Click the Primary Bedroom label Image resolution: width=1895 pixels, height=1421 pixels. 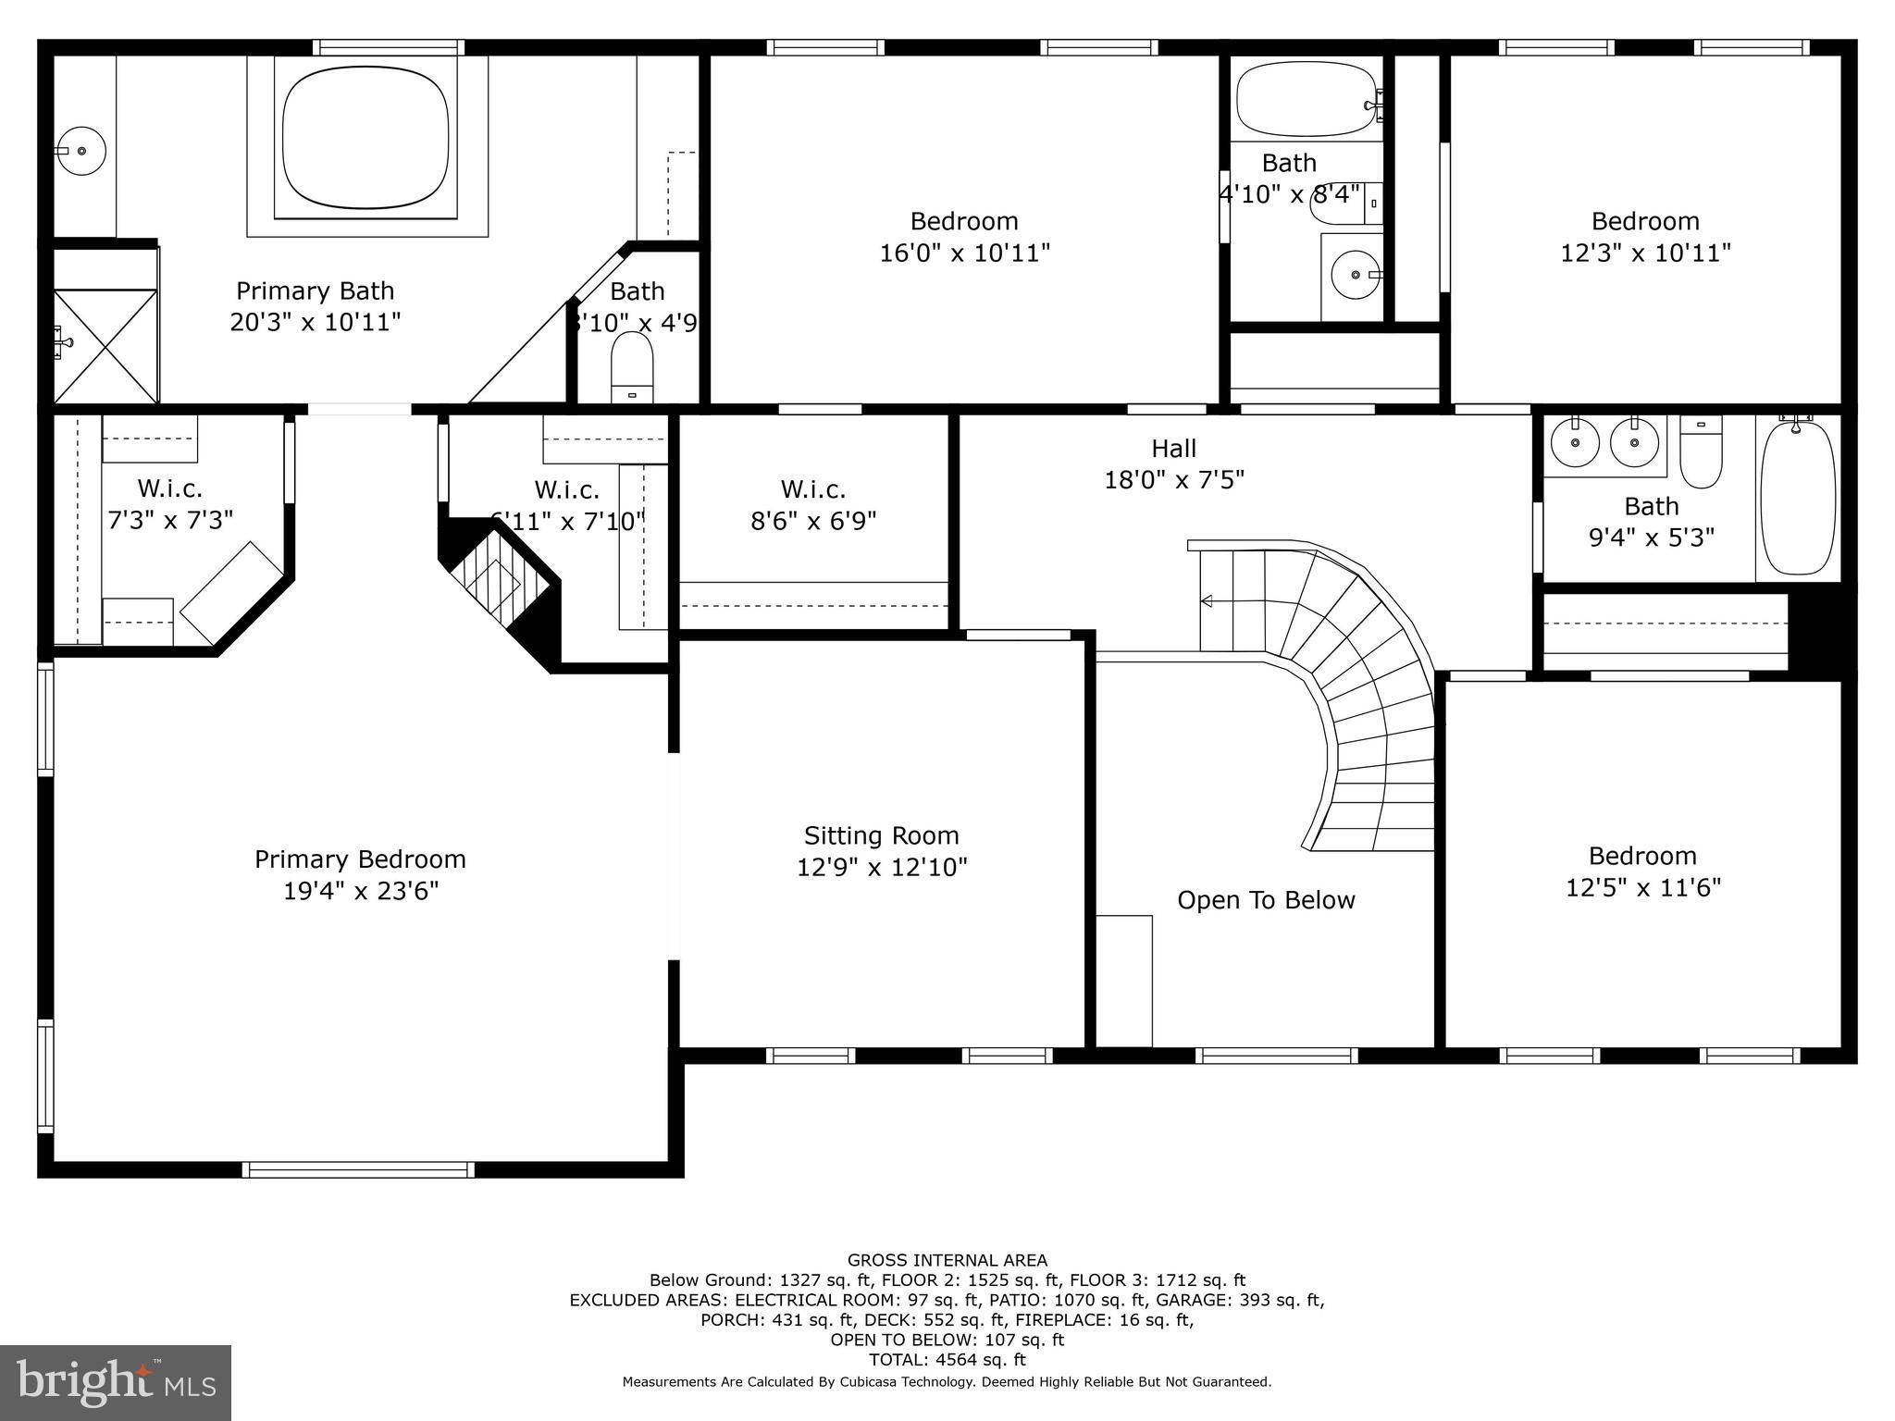(x=360, y=859)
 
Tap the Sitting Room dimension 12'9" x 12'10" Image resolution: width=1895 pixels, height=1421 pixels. (x=882, y=868)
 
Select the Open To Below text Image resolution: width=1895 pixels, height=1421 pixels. (x=1265, y=900)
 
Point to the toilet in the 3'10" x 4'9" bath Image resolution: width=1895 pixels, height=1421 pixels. (x=633, y=366)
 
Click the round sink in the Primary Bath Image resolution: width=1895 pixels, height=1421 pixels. (x=81, y=150)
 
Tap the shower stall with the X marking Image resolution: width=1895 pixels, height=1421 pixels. (x=105, y=346)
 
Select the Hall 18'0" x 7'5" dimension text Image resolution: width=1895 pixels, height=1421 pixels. (x=1173, y=480)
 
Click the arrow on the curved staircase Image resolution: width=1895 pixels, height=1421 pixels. (x=1207, y=601)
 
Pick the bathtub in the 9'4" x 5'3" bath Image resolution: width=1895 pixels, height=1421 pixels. (x=1797, y=498)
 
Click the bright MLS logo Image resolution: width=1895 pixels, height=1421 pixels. (x=116, y=1383)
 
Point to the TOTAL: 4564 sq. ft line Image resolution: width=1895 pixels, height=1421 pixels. (x=947, y=1359)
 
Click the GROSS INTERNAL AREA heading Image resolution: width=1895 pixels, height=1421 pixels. (x=947, y=1260)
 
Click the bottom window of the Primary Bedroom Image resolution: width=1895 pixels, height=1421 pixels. (x=358, y=1169)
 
